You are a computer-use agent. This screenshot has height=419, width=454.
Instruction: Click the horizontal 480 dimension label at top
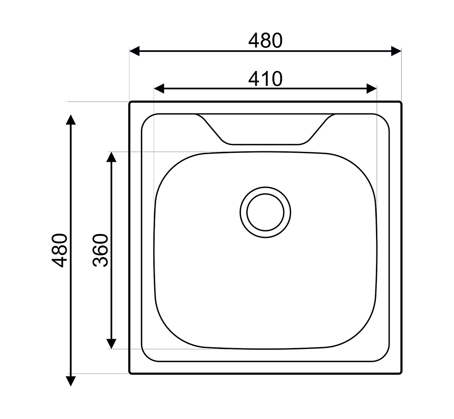265,41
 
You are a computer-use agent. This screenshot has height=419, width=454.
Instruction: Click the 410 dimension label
265,79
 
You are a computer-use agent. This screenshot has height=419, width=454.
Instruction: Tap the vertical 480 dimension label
60,250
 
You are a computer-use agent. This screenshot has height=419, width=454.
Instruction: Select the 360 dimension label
100,250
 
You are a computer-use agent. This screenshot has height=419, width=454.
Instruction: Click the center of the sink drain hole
265,212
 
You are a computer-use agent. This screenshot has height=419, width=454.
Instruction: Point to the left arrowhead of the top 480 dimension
134,51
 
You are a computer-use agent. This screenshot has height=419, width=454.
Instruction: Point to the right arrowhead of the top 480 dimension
396,51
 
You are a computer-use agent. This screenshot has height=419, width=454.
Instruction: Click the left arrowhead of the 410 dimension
159,88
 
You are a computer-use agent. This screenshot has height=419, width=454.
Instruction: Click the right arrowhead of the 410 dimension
372,88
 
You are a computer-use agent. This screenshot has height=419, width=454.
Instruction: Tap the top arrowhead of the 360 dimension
111,157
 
